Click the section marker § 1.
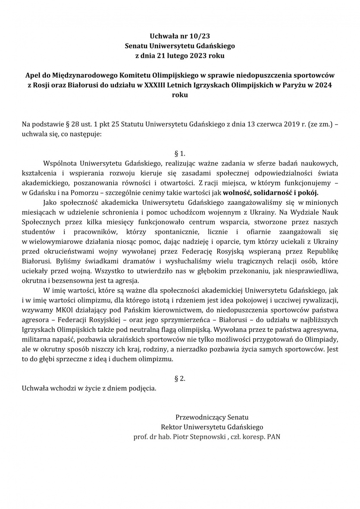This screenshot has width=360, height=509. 180,154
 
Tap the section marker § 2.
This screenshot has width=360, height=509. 180,379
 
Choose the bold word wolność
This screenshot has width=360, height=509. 238,192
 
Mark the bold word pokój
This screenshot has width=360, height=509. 307,192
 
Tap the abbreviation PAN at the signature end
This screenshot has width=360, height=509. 274,437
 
